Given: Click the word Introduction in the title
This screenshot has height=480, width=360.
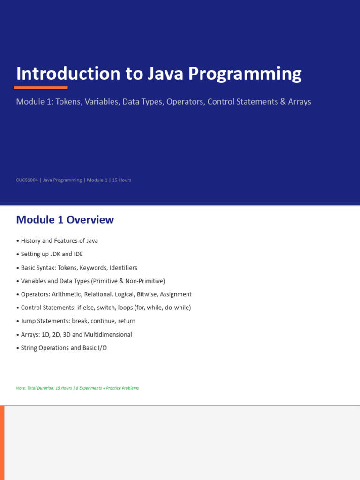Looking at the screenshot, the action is [x=68, y=74].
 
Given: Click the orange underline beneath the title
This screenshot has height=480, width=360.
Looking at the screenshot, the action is [x=41, y=88].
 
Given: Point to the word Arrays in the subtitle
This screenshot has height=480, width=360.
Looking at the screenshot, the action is [x=300, y=102].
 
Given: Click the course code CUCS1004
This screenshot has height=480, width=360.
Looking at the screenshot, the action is [x=27, y=180].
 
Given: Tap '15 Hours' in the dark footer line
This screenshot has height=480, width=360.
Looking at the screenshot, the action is [x=121, y=180].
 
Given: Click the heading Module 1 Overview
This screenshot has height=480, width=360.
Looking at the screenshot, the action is [x=65, y=220].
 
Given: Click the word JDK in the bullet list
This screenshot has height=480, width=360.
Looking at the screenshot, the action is [x=55, y=254].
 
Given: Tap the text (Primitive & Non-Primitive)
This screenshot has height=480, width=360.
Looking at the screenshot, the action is [x=128, y=281].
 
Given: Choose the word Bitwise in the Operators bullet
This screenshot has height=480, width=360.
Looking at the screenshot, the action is [x=147, y=294].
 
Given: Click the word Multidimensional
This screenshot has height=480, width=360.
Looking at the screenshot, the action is [x=108, y=335].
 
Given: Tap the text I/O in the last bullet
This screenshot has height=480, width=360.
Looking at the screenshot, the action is [x=102, y=348].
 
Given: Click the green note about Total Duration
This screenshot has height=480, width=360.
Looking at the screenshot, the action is [x=77, y=388].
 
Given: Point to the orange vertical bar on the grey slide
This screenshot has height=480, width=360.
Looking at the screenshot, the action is [x=2, y=443].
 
